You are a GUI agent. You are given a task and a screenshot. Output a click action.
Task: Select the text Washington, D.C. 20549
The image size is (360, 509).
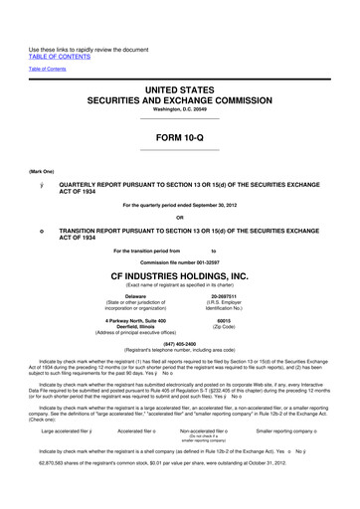(x=180, y=106)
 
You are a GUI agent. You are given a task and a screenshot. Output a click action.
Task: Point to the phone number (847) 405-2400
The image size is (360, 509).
(x=180, y=346)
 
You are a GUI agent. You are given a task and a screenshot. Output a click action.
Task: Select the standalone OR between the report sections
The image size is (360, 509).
(x=180, y=218)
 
